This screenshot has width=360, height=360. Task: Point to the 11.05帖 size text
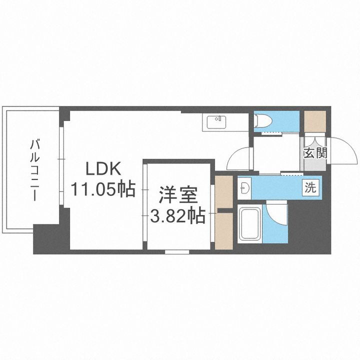coord(103,189)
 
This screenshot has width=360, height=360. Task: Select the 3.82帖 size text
coord(178,216)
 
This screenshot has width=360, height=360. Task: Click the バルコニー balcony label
coord(34,169)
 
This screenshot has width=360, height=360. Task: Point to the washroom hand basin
coord(245,188)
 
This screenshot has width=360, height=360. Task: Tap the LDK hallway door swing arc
coord(239,159)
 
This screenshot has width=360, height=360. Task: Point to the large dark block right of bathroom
coord(310,225)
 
